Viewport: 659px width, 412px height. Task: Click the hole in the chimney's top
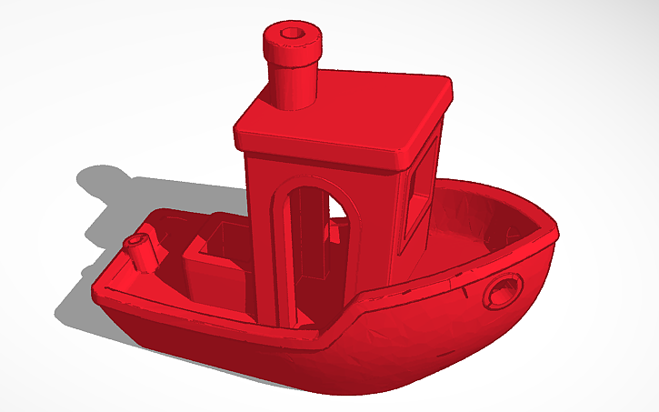(x=293, y=34)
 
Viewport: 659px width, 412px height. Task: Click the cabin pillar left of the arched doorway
(x=261, y=246)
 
